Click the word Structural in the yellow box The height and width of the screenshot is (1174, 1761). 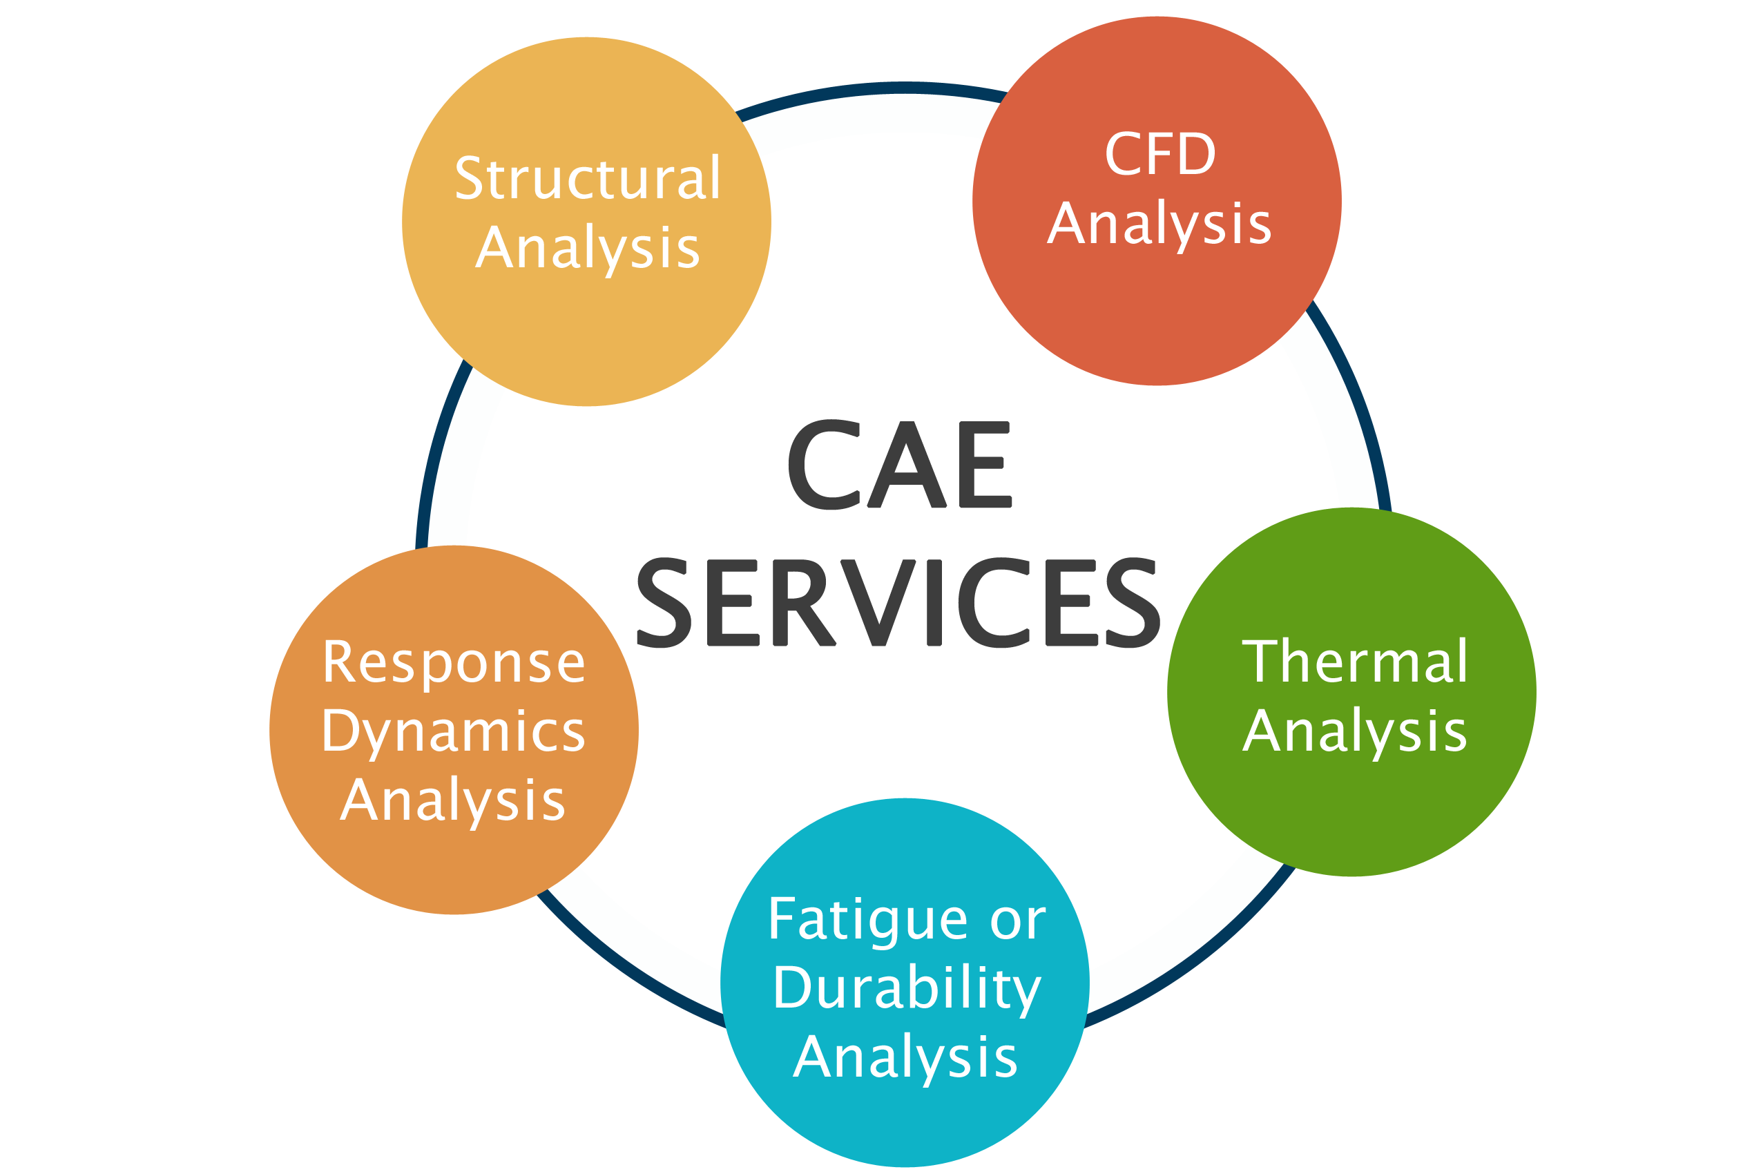[x=587, y=179]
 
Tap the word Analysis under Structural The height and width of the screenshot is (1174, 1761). [x=588, y=249]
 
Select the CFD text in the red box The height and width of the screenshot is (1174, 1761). [x=1159, y=154]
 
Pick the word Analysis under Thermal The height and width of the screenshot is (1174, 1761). [x=1354, y=731]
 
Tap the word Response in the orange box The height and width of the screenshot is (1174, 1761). [x=454, y=664]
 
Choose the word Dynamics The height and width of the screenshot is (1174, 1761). [x=454, y=731]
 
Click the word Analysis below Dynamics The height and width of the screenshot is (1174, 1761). [x=453, y=801]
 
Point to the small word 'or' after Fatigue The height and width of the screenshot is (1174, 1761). [x=1017, y=921]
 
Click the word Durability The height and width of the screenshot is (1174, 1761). [x=907, y=988]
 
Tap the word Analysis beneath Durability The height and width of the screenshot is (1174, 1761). [x=905, y=1057]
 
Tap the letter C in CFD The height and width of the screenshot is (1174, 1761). [x=1121, y=154]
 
